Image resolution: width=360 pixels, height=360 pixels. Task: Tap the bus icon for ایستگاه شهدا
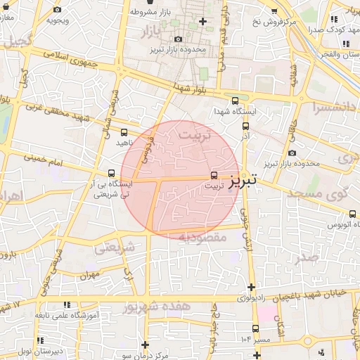point(235,101)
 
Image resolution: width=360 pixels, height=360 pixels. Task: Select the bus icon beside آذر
point(245,127)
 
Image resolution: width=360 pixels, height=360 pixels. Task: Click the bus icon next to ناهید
point(124,131)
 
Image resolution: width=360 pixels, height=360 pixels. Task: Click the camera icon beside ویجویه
point(56,10)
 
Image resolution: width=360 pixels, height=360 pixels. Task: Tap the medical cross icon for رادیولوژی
point(251,287)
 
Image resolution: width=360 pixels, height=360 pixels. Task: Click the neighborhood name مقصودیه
point(202,238)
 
